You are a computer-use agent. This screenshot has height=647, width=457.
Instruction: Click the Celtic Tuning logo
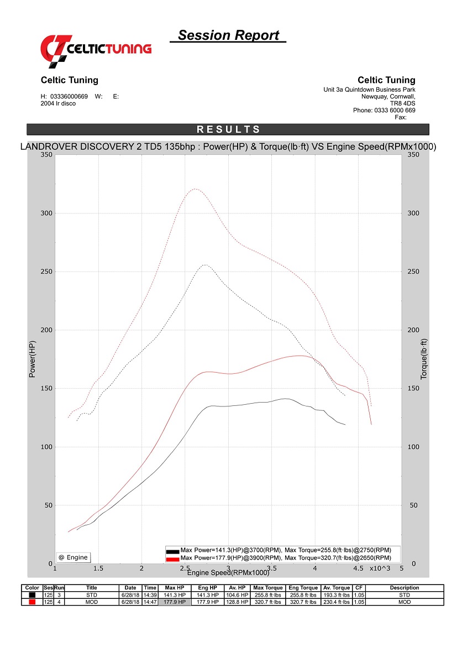[x=96, y=49]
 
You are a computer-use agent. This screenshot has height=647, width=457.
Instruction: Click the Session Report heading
[x=228, y=35]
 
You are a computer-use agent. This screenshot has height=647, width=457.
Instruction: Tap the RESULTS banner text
[x=228, y=129]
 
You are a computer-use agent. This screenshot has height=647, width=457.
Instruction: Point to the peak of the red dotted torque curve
[x=196, y=189]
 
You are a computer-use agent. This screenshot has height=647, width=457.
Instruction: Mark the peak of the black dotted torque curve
[x=206, y=265]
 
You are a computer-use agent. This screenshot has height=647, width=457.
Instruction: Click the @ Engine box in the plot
[x=73, y=557]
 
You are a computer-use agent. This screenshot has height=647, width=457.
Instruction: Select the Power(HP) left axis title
[x=32, y=359]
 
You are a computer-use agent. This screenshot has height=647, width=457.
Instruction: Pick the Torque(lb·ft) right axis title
[x=424, y=359]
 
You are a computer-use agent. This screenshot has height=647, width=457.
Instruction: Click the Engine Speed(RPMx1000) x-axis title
[x=228, y=572]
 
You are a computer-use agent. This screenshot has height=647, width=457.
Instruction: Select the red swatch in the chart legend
[x=172, y=559]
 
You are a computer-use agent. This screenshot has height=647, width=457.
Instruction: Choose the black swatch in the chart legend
[x=172, y=551]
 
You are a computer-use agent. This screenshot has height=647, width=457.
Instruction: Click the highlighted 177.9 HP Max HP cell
[x=175, y=602]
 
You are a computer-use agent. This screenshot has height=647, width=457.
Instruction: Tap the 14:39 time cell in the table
[x=150, y=595]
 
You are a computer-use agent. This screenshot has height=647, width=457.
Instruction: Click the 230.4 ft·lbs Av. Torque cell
[x=337, y=602]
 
